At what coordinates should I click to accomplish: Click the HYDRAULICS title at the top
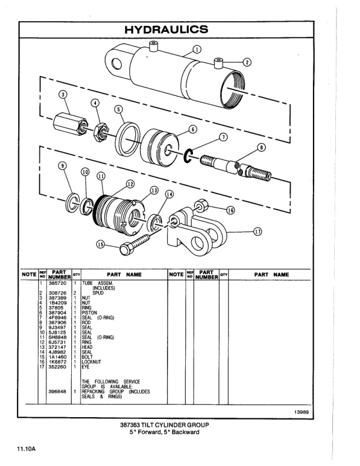click(x=181, y=29)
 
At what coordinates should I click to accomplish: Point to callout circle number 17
click(x=257, y=231)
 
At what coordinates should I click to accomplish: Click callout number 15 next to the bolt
click(x=101, y=245)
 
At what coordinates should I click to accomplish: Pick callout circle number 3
click(x=63, y=95)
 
